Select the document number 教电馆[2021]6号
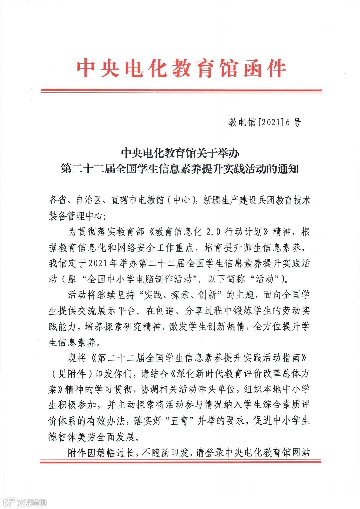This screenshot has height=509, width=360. coord(264,123)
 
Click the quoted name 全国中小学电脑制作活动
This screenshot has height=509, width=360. coord(144,279)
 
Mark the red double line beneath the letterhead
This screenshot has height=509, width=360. coord(181,91)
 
